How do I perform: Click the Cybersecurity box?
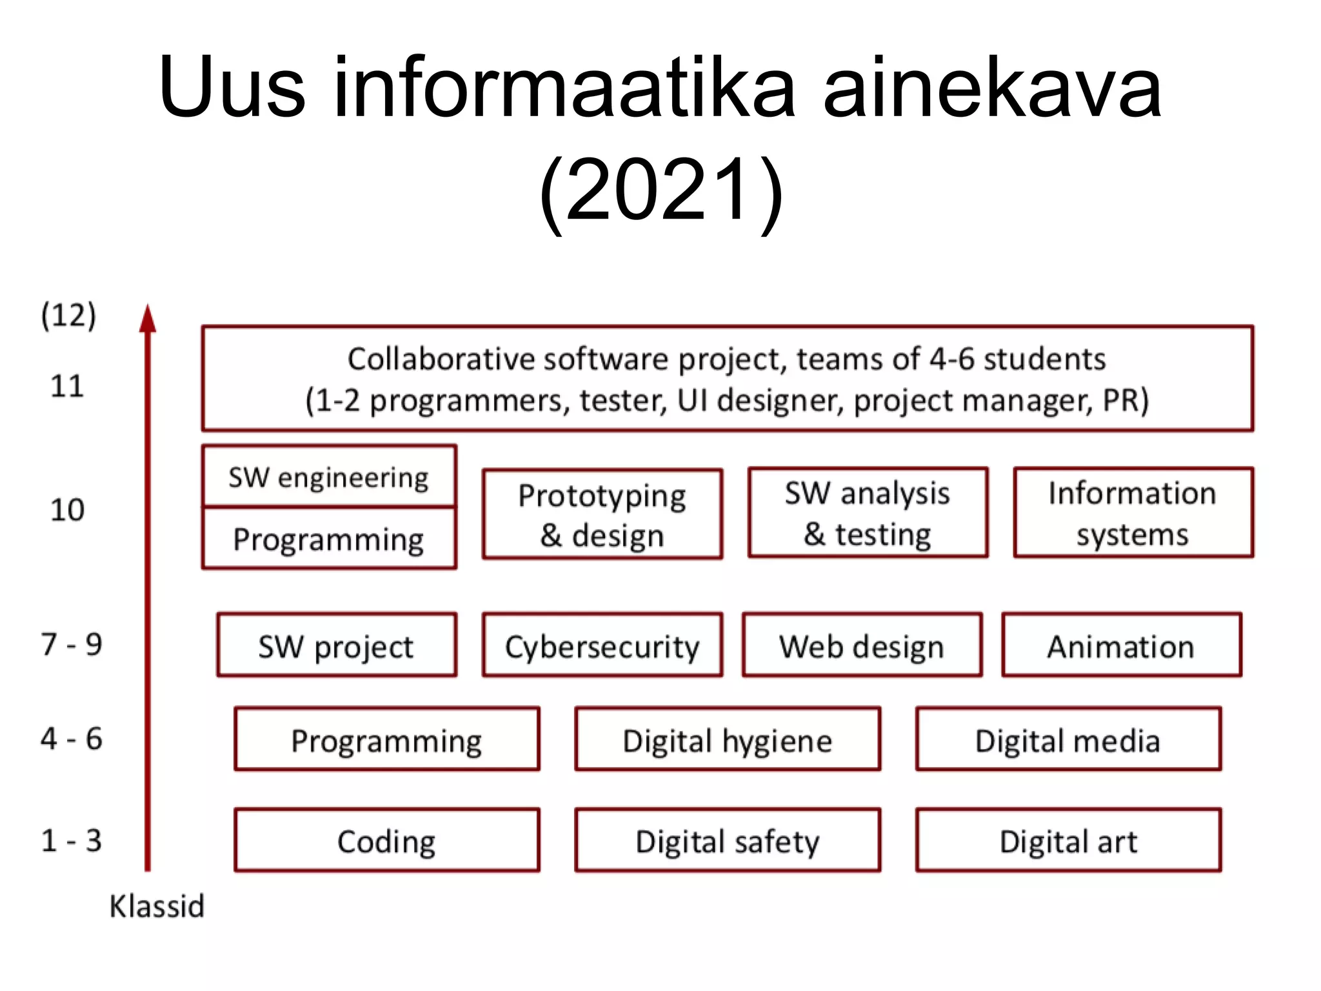pos(602,645)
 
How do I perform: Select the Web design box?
pos(862,645)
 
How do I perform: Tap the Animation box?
pos(1121,645)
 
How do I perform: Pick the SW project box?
pos(336,645)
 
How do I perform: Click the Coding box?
pos(386,840)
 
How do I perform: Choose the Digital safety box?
pos(728,840)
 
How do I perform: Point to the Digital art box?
pos(1068,840)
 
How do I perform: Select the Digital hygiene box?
pos(728,739)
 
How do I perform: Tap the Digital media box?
pos(1068,739)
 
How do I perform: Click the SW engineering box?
pos(329,477)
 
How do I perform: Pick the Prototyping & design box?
pos(602,514)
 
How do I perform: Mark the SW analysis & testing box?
pos(868,513)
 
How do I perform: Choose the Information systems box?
pos(1133,513)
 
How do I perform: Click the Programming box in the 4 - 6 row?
pos(386,739)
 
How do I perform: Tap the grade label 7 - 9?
pos(72,644)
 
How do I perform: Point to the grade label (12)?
pos(68,315)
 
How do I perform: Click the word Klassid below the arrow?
pos(157,906)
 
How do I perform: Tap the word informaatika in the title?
pos(564,87)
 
